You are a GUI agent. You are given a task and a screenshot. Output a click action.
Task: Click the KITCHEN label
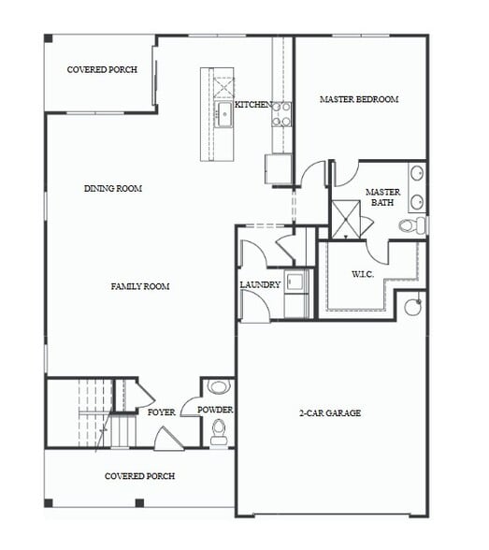click(252, 104)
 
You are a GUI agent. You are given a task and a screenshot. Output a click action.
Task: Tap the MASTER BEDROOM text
click(359, 99)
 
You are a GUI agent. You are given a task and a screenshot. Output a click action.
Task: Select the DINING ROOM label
click(112, 188)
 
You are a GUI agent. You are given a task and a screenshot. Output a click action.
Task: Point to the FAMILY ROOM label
click(139, 286)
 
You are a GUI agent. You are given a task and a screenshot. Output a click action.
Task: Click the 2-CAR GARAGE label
click(329, 412)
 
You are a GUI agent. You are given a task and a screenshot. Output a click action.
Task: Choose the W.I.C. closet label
click(363, 274)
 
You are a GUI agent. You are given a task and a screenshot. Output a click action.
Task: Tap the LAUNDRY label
click(259, 284)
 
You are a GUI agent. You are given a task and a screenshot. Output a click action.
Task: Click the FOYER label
click(161, 412)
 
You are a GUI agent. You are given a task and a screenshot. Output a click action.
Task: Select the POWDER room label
click(215, 410)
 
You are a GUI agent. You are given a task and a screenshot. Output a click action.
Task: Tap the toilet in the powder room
click(219, 431)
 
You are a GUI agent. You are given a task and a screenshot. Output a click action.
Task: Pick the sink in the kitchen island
click(224, 116)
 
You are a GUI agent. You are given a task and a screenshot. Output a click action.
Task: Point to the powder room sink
click(218, 386)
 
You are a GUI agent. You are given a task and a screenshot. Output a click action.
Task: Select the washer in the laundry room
click(298, 280)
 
